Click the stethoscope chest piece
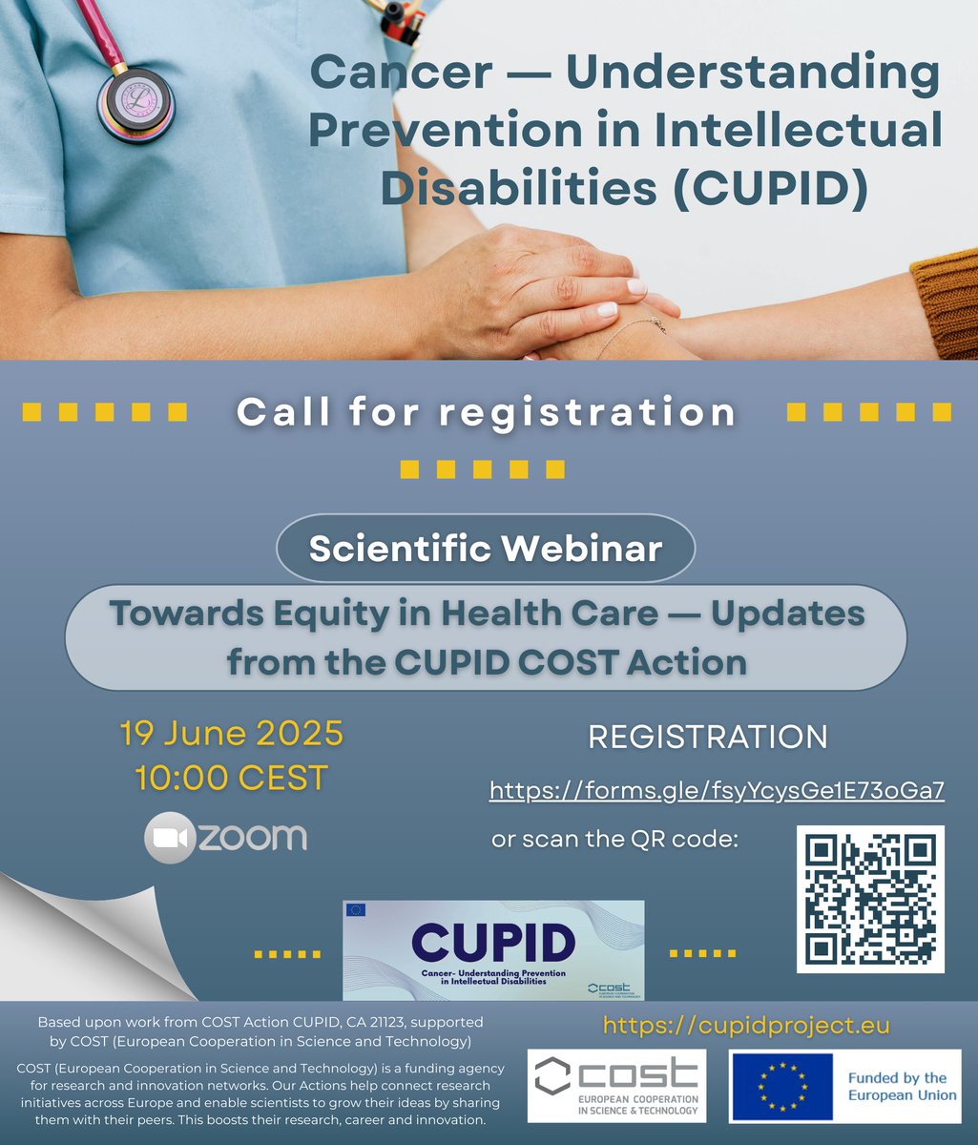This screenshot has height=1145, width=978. click(x=135, y=98)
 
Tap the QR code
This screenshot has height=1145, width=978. click(x=870, y=899)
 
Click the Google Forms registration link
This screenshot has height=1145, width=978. click(x=717, y=790)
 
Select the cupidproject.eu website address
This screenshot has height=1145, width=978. click(x=746, y=1026)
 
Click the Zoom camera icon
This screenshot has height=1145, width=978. click(x=169, y=838)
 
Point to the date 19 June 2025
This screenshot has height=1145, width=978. click(x=231, y=734)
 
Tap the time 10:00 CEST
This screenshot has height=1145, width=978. click(x=231, y=778)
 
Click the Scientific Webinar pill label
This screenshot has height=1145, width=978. click(x=486, y=549)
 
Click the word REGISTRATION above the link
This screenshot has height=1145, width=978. click(x=707, y=737)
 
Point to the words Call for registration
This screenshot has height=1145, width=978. click(x=486, y=411)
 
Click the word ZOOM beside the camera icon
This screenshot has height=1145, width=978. click(x=253, y=838)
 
